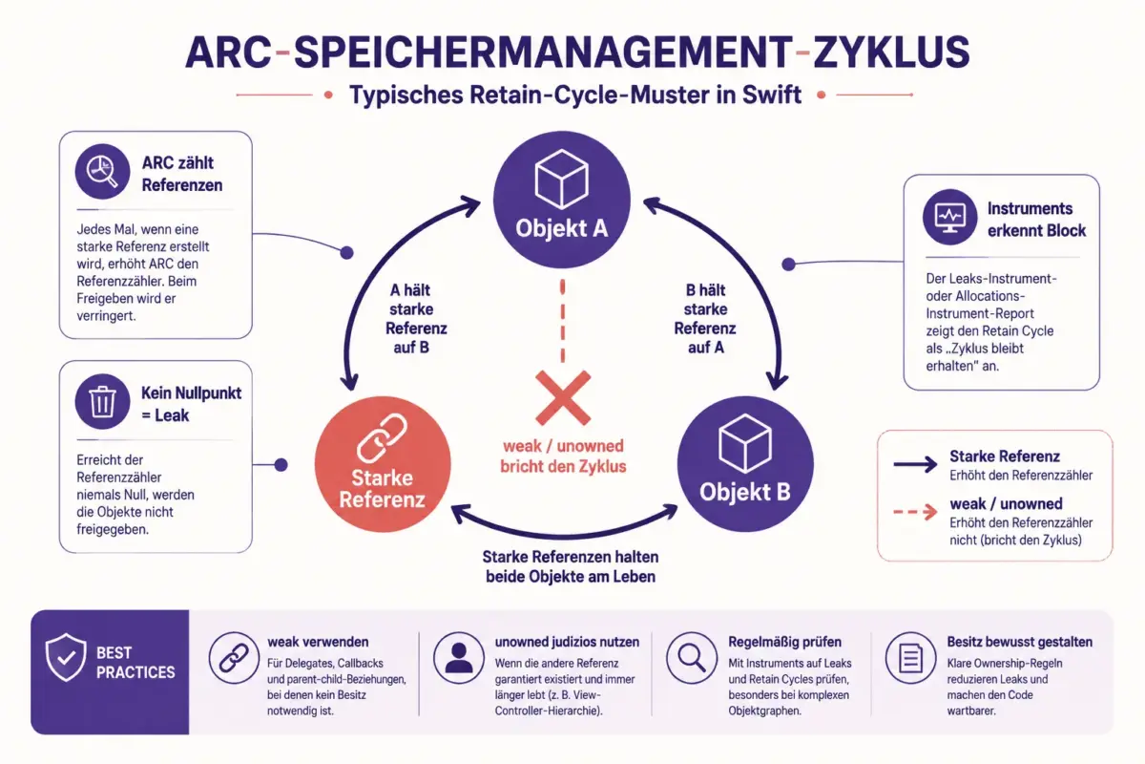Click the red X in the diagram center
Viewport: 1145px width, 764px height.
click(x=563, y=398)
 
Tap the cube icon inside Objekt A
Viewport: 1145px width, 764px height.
click(x=561, y=179)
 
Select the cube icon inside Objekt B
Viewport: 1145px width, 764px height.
click(x=745, y=443)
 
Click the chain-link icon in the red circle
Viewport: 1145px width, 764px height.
click(x=383, y=438)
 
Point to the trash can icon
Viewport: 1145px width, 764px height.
click(x=102, y=402)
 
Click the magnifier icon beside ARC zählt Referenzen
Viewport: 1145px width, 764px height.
click(x=102, y=172)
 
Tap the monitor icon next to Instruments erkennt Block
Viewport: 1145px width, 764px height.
click(x=949, y=218)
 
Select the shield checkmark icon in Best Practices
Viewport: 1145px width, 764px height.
click(x=66, y=658)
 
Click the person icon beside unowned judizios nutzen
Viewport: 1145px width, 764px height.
click(x=459, y=658)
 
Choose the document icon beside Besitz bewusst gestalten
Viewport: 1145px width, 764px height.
click(x=910, y=658)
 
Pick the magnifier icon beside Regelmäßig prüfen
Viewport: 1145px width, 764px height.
click(x=691, y=658)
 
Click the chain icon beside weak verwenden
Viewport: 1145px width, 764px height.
click(x=234, y=658)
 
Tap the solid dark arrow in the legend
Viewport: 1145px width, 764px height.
click(x=915, y=465)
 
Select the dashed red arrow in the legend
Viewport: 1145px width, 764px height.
click(x=915, y=512)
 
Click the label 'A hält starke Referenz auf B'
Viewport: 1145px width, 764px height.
click(x=414, y=319)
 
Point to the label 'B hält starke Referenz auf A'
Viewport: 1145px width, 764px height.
click(x=705, y=319)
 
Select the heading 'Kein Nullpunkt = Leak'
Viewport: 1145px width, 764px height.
click(x=191, y=404)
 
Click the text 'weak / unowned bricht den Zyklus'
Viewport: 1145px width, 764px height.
click(x=563, y=456)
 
